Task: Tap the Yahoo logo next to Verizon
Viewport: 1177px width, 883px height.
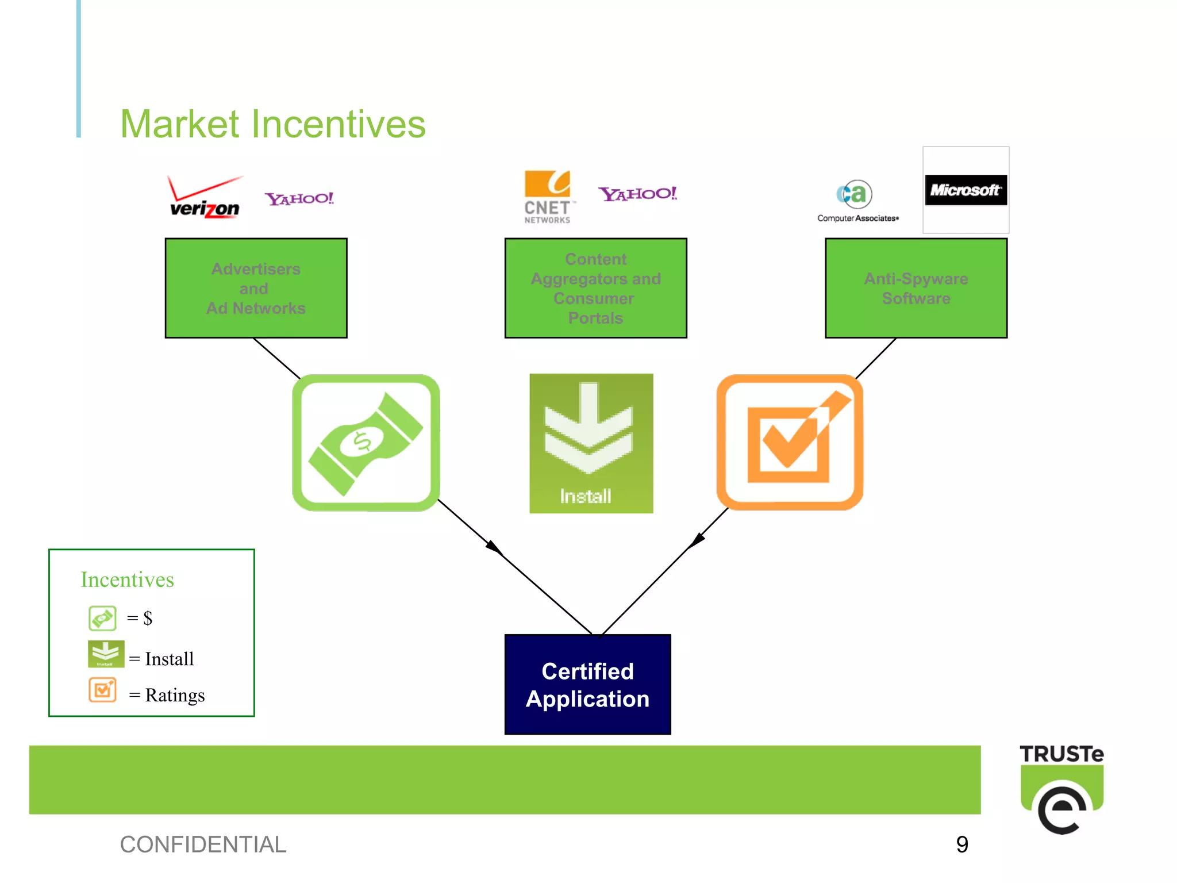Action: (299, 199)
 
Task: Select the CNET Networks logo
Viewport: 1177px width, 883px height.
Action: (548, 197)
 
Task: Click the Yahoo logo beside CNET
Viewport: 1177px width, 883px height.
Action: (637, 194)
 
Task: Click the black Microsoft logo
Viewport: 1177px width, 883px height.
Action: (966, 190)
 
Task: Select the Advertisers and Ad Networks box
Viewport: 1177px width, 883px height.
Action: (256, 288)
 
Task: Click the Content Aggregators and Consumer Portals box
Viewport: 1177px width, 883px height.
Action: (595, 288)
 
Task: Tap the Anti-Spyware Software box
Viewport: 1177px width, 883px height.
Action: (916, 288)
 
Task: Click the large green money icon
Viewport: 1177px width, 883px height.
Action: (366, 443)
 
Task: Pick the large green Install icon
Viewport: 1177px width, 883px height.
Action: (591, 443)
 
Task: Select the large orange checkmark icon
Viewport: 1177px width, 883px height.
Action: (790, 442)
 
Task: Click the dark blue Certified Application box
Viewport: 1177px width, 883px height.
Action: (587, 685)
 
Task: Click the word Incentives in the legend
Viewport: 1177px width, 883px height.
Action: (127, 579)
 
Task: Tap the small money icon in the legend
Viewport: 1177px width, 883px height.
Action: (102, 619)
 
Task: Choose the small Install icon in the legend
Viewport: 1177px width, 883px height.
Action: (106, 654)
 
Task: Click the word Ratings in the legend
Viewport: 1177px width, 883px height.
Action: (175, 696)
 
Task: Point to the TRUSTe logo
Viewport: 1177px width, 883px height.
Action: (1061, 788)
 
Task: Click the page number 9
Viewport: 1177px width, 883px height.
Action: (962, 844)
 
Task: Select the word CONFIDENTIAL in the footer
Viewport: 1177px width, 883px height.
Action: (203, 844)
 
